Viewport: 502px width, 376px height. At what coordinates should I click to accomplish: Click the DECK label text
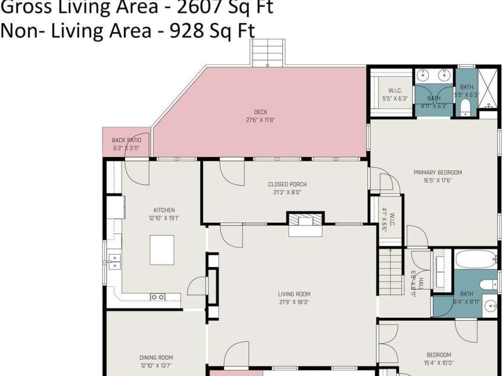point(260,112)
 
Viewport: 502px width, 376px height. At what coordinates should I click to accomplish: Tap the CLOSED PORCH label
point(287,184)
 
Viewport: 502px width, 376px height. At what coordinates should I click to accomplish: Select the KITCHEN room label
point(164,210)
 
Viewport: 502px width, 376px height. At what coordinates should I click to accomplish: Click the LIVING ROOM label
point(294,294)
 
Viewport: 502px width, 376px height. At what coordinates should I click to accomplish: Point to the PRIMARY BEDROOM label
point(438,173)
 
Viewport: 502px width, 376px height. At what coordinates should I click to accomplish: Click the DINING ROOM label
point(156,358)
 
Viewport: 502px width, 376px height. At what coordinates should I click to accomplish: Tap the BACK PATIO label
point(126,140)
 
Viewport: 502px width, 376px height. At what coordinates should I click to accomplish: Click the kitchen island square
point(162,250)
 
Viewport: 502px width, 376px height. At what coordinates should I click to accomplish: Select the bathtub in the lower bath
point(476,260)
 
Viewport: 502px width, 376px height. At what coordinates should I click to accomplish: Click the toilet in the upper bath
point(466,108)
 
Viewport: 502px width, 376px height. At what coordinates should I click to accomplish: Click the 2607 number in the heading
point(182,7)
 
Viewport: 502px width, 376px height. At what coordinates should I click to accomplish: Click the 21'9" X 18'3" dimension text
point(294,302)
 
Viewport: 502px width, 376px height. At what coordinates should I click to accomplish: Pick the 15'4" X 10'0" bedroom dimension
point(438,362)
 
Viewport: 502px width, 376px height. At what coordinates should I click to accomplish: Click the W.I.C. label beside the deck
point(394,91)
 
